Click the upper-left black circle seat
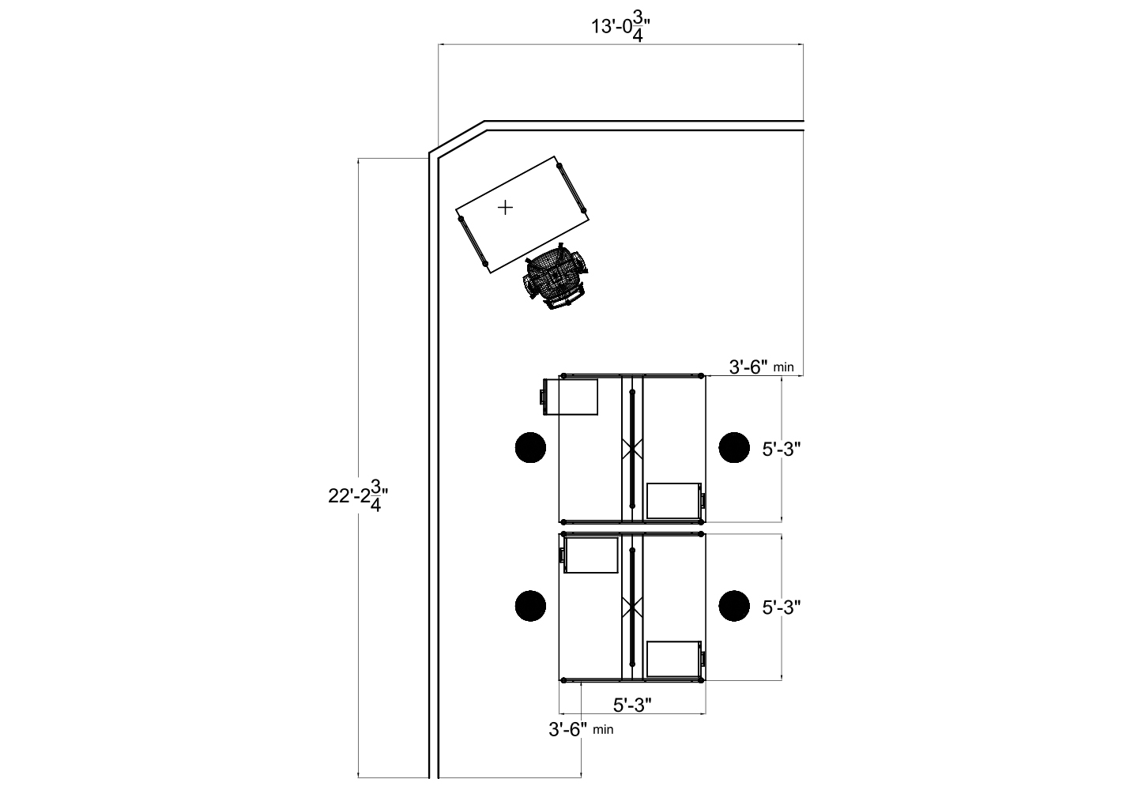coord(530,447)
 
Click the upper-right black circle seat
coord(734,447)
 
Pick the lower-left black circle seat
coord(530,606)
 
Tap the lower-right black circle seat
coord(734,606)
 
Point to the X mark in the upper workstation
coord(631,449)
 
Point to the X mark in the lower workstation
coord(631,607)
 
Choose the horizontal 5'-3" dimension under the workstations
coord(632,705)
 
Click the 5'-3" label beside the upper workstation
coord(782,450)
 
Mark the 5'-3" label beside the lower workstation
coord(782,608)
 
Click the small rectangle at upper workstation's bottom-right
coord(673,501)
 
